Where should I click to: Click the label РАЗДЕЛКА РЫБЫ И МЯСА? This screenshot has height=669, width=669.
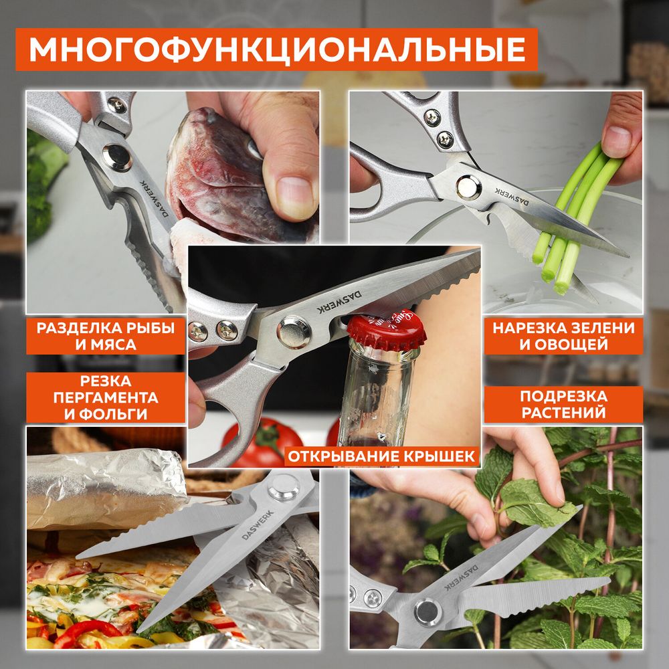pyautogui.click(x=106, y=337)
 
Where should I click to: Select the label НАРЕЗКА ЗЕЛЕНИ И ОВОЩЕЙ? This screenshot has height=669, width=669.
pyautogui.click(x=563, y=337)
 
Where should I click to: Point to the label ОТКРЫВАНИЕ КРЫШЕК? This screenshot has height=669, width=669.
pyautogui.click(x=382, y=457)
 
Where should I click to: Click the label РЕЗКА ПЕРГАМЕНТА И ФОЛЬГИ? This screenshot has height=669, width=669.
pyautogui.click(x=106, y=397)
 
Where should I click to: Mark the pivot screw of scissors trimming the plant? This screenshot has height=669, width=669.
pyautogui.click(x=427, y=611)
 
